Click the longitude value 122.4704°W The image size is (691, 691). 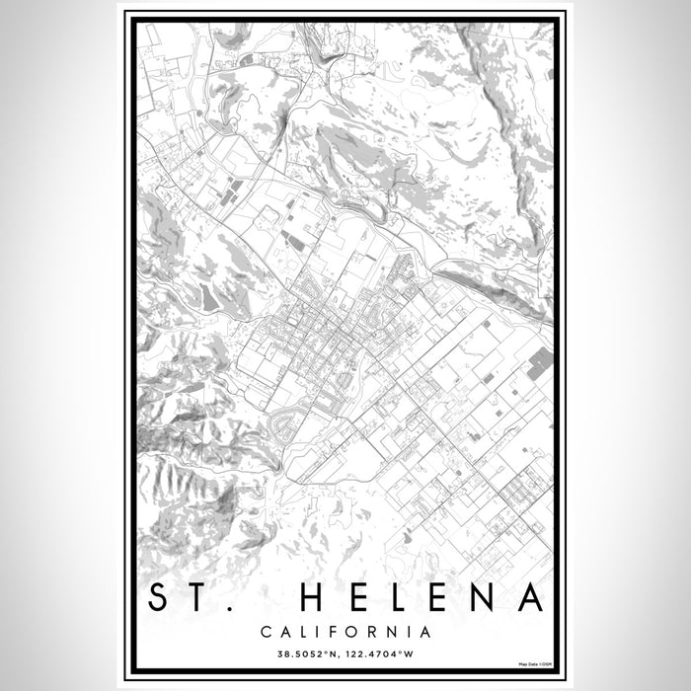385,653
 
